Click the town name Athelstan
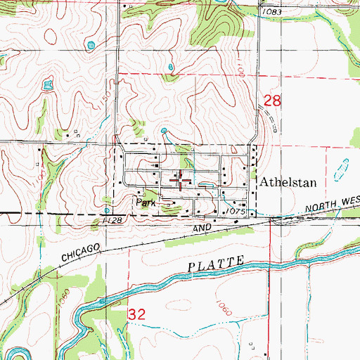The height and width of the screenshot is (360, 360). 289,181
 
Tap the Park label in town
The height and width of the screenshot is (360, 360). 145,202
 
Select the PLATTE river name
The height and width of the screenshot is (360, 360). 217,264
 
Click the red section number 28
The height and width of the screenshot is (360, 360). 272,101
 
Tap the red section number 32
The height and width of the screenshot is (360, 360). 136,316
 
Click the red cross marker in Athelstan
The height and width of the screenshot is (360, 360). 181,182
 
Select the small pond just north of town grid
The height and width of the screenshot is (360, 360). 165,131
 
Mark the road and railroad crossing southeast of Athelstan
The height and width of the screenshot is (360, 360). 270,220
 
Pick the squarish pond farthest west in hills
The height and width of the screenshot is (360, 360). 48,86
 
